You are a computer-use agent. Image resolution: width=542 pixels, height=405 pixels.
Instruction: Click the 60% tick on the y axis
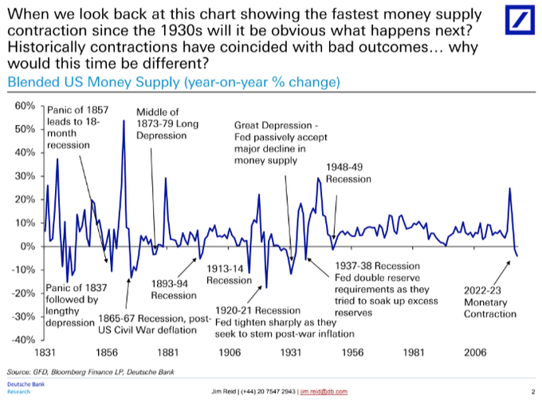[x=25, y=106]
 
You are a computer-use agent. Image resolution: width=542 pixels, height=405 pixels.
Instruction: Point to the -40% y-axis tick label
[x=23, y=340]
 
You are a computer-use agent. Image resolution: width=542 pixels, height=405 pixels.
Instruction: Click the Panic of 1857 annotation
[x=77, y=128]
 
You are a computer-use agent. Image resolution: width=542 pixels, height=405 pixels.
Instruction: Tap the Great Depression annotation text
[x=276, y=143]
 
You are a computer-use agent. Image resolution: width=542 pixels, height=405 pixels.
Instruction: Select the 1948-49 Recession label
[x=348, y=173]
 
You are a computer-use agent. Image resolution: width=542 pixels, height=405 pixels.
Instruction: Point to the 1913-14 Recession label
[x=230, y=274]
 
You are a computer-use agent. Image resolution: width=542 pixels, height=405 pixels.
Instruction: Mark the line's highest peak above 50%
[x=124, y=121]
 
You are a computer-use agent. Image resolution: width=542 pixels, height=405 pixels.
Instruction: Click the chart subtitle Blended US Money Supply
[x=174, y=82]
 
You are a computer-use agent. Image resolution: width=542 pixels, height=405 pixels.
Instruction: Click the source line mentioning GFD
[x=91, y=372]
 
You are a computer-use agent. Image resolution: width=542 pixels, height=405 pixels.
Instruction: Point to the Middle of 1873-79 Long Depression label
[x=167, y=124]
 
